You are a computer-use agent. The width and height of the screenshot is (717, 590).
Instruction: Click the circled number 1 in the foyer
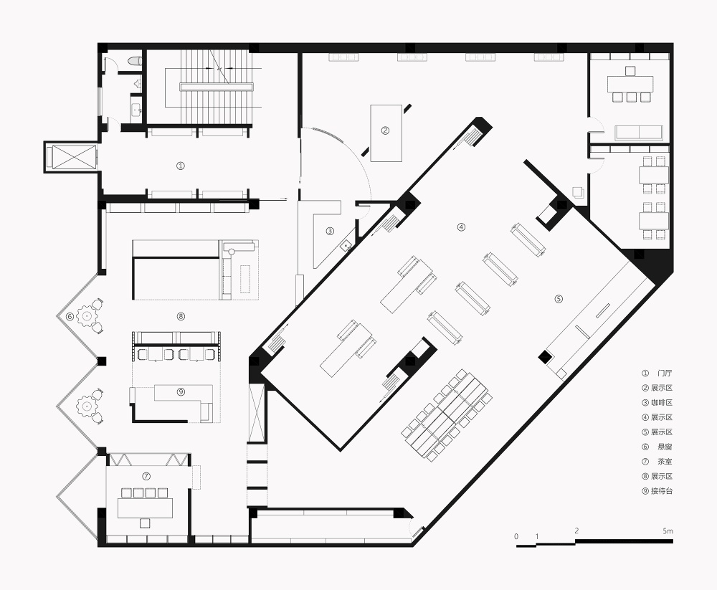(181, 166)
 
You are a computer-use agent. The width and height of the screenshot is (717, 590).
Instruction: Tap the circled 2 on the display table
(385, 130)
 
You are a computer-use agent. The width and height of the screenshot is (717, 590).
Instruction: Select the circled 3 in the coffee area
(330, 232)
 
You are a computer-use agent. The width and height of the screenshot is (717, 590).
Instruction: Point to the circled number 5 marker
(559, 299)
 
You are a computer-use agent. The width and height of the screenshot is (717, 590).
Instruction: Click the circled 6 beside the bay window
(70, 316)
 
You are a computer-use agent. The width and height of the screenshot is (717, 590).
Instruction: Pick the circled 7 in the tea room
(146, 476)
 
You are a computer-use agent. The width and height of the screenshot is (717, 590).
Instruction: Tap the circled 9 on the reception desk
(181, 392)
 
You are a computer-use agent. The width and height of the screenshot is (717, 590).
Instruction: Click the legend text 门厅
(665, 373)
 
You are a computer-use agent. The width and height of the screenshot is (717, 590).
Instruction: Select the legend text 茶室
(665, 462)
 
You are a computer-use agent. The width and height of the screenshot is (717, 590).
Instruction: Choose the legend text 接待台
(662, 491)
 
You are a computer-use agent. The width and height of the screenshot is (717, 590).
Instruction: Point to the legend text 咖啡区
(662, 402)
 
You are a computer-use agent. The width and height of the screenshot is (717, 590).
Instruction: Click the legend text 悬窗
(665, 447)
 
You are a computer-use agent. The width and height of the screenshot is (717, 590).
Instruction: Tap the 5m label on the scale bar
(668, 531)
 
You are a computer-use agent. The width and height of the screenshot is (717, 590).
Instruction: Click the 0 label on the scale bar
(516, 536)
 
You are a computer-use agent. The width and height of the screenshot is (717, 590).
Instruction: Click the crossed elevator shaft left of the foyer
(71, 157)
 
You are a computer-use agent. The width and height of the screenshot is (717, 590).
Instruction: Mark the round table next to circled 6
(85, 315)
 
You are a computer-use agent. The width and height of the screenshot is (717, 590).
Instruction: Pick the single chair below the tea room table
(146, 523)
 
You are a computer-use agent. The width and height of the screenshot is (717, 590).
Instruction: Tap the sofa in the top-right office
(639, 132)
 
